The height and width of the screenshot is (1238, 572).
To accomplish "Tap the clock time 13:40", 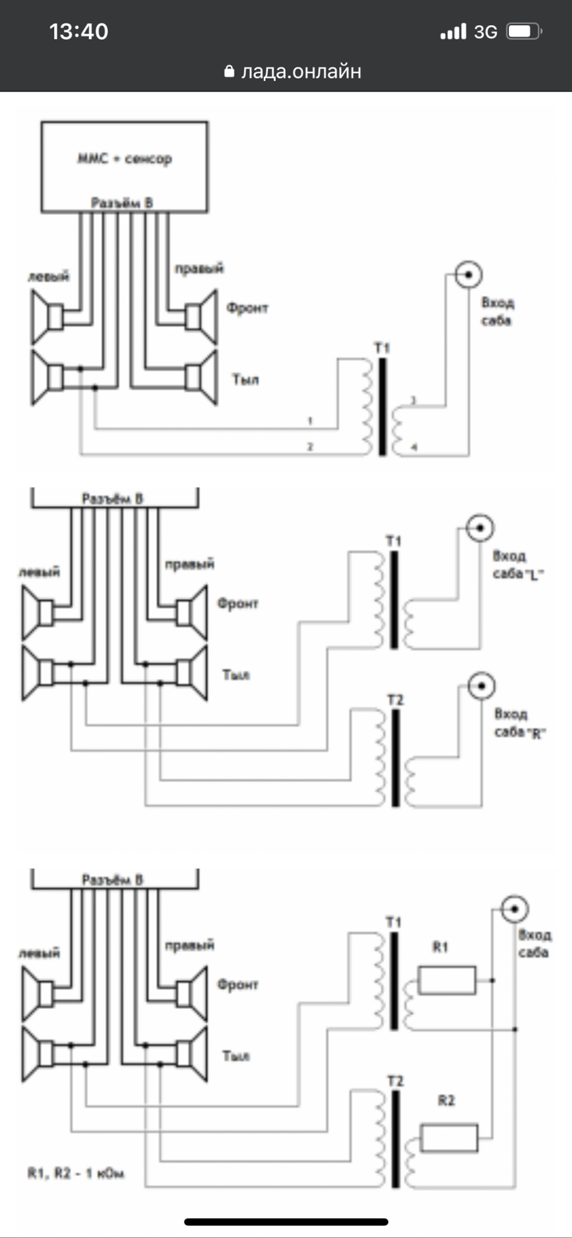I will pos(79,32).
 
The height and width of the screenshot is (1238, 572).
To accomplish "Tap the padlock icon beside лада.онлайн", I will pos(229,72).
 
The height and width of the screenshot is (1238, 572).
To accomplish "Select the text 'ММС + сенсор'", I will pos(124,159).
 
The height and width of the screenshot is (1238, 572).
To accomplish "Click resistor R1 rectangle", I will pos(447,980).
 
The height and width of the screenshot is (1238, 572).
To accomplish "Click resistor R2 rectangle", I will pos(449,1138).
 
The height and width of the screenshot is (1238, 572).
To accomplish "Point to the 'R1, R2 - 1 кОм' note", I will pos(76,1173).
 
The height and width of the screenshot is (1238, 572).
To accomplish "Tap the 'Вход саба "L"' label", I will pos(518,565).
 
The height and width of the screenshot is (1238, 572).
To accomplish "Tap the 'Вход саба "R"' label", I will pos(519,723).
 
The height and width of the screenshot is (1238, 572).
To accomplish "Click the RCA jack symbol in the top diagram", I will pos(469,275).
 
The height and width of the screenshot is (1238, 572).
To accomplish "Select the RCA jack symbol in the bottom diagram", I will pos(515,909).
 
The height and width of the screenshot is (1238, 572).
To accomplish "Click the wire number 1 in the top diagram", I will pos(310,421).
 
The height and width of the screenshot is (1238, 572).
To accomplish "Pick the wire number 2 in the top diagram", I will pos(310,446).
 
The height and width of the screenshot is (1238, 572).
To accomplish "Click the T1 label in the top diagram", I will pos(382,348).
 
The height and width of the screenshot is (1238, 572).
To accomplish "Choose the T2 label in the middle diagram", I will pos(395,700).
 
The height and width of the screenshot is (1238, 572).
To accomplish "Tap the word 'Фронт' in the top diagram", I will pos(247,308).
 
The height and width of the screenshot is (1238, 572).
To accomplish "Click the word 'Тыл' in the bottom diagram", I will pos(236,1056).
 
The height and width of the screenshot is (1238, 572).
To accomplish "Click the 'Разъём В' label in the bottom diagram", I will pos(113,879).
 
